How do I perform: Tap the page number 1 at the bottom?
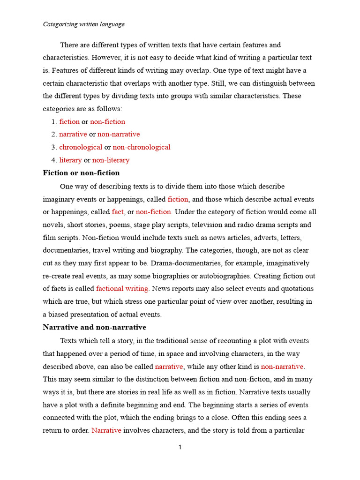point(180,448)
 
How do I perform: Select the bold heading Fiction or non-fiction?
point(81,173)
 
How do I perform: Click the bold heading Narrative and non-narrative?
point(94,327)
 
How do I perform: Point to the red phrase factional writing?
point(122,289)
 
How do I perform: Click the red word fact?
point(118,212)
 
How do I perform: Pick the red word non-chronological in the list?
point(142,147)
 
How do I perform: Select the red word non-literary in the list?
point(111,160)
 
